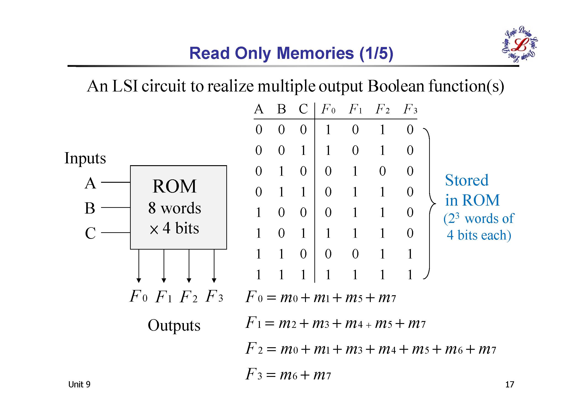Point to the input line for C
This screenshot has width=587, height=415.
point(116,233)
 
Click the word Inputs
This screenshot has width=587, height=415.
point(85,158)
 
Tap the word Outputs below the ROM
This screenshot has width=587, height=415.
point(174,325)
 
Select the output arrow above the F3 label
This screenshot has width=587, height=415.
point(214,266)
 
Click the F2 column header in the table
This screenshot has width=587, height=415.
point(382,110)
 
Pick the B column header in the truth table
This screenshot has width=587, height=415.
point(281,109)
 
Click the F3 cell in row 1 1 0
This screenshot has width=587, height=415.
point(410,254)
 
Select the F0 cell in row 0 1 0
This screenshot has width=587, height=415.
point(328,171)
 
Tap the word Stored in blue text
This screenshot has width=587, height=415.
point(467,180)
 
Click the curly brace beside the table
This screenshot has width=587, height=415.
point(430,204)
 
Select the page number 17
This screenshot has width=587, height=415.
point(509,384)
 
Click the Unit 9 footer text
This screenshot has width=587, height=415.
point(79,384)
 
